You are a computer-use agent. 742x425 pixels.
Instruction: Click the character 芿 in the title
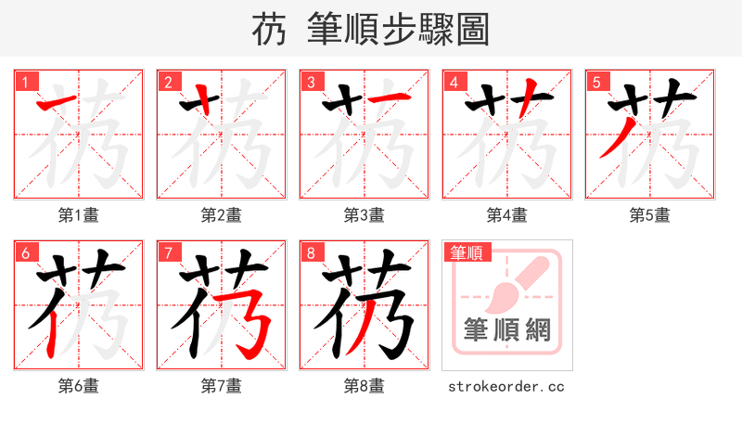268,30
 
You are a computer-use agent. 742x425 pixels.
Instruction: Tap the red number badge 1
25,82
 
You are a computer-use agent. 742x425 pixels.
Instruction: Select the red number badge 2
168,82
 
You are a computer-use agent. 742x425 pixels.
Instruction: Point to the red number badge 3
311,82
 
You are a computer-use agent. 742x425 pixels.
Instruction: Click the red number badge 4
454,82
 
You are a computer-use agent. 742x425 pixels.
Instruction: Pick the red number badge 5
596,82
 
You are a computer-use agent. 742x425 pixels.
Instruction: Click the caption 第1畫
79,215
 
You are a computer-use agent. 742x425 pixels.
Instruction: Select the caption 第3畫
365,215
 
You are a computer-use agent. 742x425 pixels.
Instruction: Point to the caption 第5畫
650,215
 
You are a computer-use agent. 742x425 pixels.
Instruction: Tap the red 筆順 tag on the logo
467,252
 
